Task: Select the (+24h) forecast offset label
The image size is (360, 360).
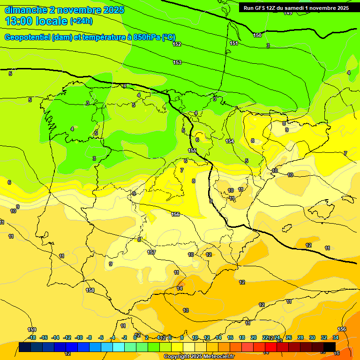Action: (x=81, y=21)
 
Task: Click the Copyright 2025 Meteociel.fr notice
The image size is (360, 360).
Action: (x=199, y=357)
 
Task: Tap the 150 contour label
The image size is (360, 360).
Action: (x=257, y=35)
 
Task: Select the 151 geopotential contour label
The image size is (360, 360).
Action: (x=234, y=43)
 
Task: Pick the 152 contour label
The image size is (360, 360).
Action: (x=177, y=44)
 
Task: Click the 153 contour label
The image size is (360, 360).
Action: (x=177, y=62)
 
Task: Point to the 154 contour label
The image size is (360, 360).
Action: (x=230, y=141)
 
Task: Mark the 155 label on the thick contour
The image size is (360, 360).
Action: (x=192, y=150)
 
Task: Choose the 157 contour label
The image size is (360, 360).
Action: (x=151, y=252)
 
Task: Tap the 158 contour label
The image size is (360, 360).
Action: (x=90, y=290)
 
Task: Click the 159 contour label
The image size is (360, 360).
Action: (x=32, y=330)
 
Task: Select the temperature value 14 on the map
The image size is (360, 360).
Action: (x=180, y=288)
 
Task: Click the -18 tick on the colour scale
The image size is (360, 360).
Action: (x=31, y=337)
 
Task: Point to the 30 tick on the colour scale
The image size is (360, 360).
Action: (x=312, y=337)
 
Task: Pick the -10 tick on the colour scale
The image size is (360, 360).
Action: (x=79, y=337)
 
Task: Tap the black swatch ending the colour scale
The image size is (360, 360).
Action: (x=330, y=347)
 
